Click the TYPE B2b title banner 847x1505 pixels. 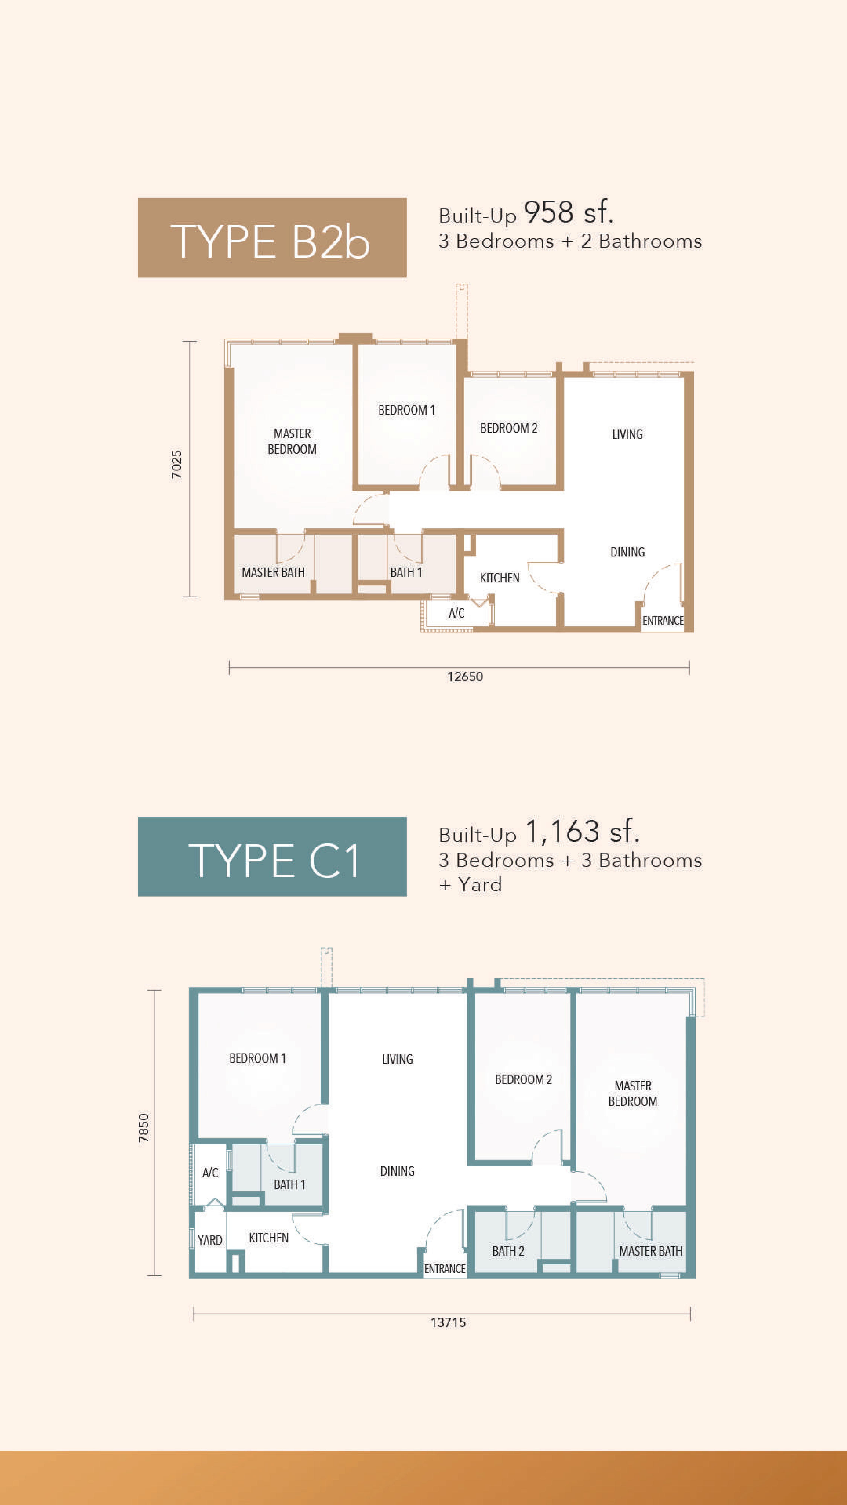point(272,238)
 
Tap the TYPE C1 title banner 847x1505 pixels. point(272,857)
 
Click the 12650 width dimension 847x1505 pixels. point(465,676)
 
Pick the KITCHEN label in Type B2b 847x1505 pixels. point(499,578)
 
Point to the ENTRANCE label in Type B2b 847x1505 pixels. point(662,620)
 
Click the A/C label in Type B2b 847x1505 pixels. point(456,613)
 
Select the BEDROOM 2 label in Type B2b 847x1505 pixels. point(508,428)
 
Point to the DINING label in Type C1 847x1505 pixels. point(397,1171)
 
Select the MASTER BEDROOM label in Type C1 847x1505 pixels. point(632,1093)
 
